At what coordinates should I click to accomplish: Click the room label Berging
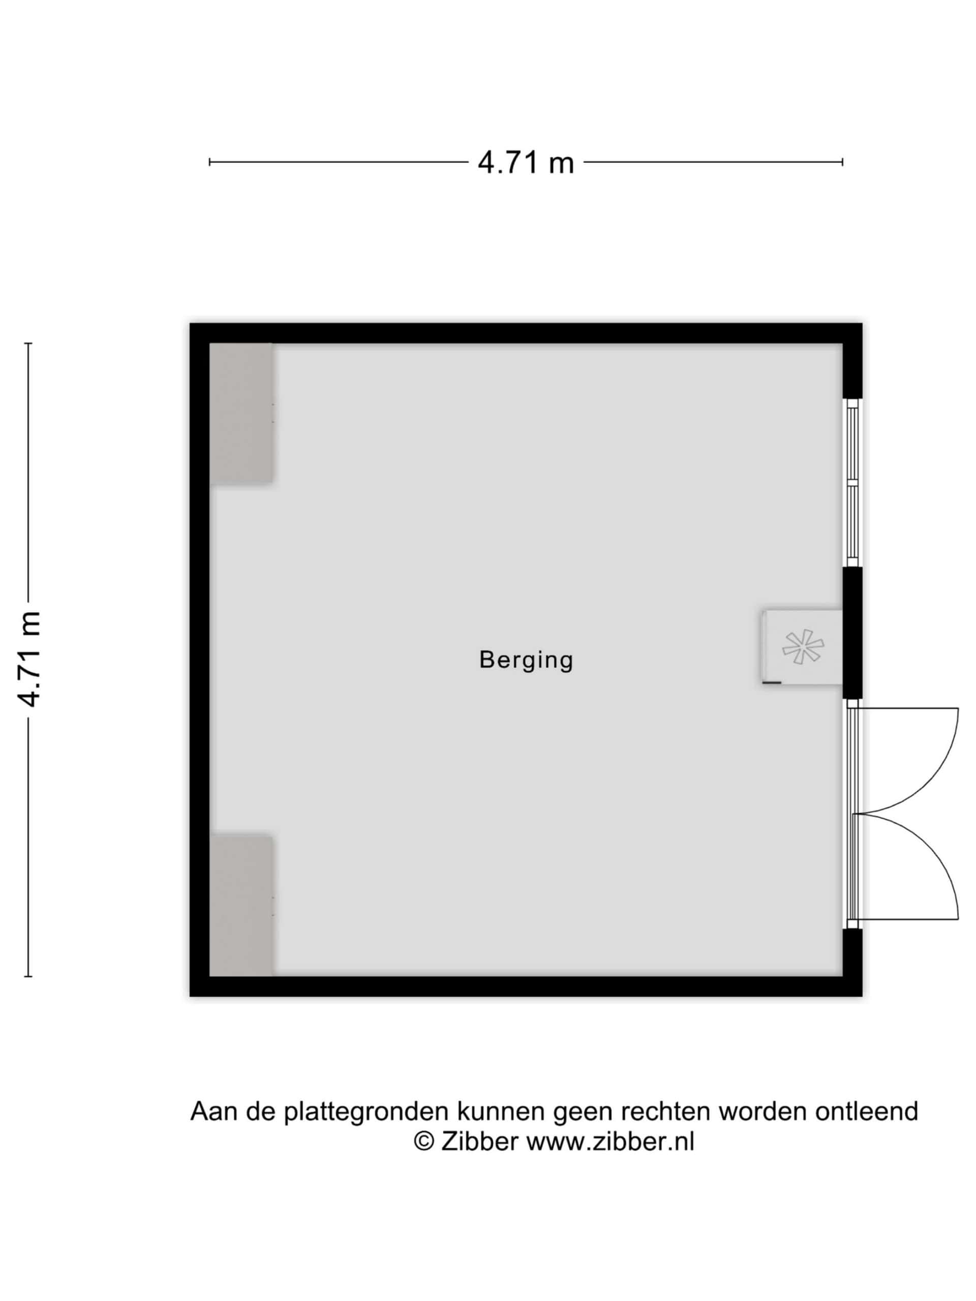tap(526, 660)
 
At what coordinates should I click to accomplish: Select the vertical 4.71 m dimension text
tap(28, 659)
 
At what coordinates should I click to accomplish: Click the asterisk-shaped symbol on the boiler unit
tap(803, 646)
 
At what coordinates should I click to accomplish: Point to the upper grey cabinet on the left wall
tap(241, 414)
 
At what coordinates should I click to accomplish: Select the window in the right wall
tap(852, 483)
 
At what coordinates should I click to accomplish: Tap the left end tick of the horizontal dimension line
tap(209, 162)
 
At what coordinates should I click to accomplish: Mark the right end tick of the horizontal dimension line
tap(842, 162)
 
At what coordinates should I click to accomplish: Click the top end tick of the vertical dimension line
tap(28, 343)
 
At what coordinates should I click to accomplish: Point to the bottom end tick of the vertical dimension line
tap(28, 976)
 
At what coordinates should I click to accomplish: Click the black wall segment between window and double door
tap(852, 633)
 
